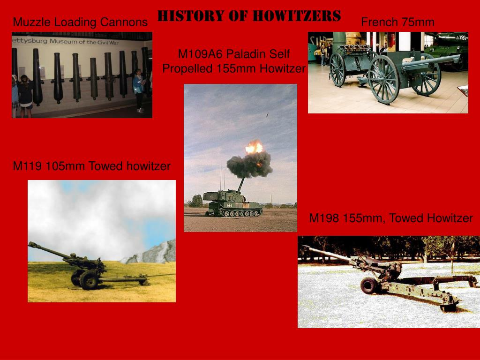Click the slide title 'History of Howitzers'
pos(249,16)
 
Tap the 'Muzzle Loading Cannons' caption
pos(80,22)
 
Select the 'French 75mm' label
pos(397,22)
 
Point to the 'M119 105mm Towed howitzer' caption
pos(91,166)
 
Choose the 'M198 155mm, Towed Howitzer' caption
pos(390,218)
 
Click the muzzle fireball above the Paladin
pos(254,148)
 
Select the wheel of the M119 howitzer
pos(89,279)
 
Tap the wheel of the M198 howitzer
pos(369,285)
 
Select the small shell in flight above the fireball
pos(268,114)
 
